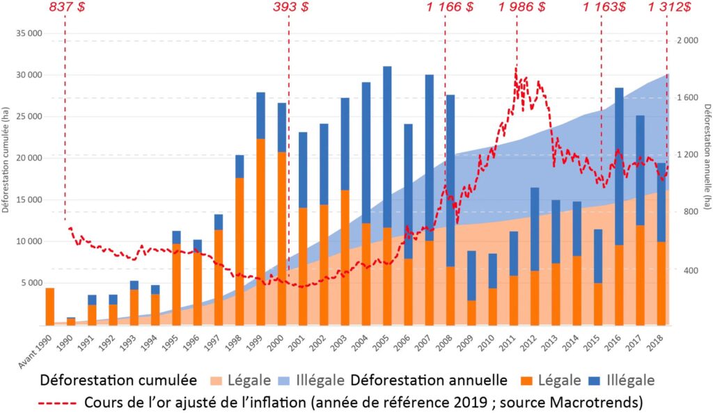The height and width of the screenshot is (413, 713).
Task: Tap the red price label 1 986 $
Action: click(x=522, y=8)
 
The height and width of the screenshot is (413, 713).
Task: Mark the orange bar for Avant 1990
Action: click(x=50, y=306)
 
